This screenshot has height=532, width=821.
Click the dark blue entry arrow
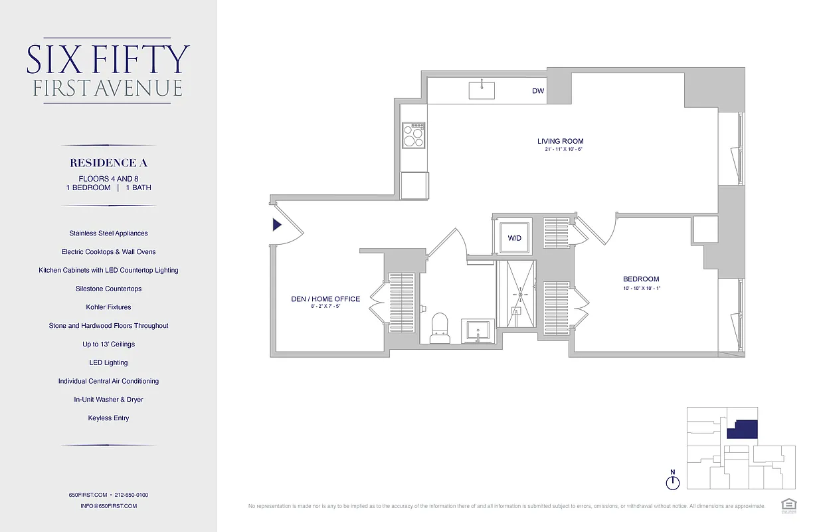pyautogui.click(x=277, y=225)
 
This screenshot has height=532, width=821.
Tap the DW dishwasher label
pyautogui.click(x=538, y=91)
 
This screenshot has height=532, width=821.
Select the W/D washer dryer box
pyautogui.click(x=515, y=237)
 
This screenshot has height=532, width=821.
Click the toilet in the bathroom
pyautogui.click(x=440, y=329)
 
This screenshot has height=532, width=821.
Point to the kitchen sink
pyautogui.click(x=482, y=90)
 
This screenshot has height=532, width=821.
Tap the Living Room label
pyautogui.click(x=561, y=141)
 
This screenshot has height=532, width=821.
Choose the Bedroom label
pyautogui.click(x=641, y=279)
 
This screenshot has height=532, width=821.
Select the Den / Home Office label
pyautogui.click(x=325, y=299)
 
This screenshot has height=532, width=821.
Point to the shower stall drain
pyautogui.click(x=520, y=294)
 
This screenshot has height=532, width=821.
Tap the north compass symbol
pyautogui.click(x=673, y=481)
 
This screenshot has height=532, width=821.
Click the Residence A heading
pyautogui.click(x=108, y=163)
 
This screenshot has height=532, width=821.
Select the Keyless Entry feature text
pyautogui.click(x=108, y=418)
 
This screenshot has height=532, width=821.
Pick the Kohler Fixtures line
pyautogui.click(x=108, y=307)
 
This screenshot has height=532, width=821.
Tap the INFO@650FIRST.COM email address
pyautogui.click(x=108, y=506)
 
